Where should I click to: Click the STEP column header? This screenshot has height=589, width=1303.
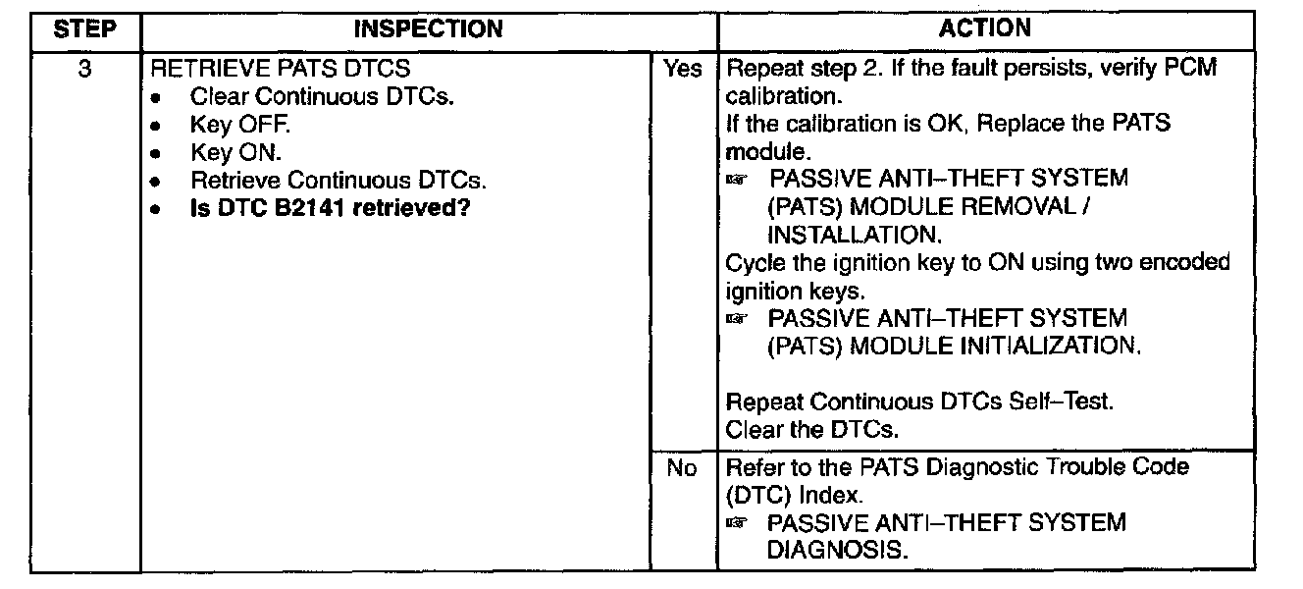click(84, 29)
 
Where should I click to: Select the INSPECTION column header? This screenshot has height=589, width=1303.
click(428, 29)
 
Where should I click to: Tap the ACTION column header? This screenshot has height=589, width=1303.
click(984, 29)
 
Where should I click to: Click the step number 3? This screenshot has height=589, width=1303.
click(84, 69)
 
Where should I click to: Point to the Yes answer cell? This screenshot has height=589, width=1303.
click(683, 69)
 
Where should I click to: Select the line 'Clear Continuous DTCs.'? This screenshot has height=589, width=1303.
click(322, 97)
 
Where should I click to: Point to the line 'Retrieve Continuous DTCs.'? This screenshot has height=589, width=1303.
click(338, 182)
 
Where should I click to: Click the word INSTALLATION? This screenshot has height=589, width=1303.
click(853, 236)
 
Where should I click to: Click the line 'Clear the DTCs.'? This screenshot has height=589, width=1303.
click(812, 430)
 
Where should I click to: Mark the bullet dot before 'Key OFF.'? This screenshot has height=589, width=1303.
click(156, 127)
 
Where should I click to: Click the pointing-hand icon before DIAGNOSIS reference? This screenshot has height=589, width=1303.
click(737, 524)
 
